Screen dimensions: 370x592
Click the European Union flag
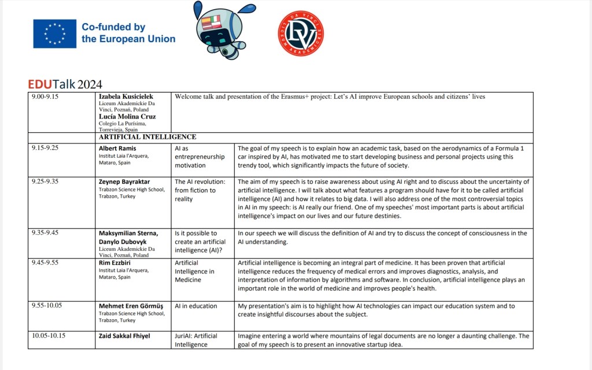54,34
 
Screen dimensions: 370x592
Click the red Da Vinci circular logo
301,34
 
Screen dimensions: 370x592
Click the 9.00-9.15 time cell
45,97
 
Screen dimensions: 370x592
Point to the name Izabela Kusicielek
126,97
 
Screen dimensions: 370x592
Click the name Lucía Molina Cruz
127,116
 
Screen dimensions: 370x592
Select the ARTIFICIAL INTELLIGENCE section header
147,137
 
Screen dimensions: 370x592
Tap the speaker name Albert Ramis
117,148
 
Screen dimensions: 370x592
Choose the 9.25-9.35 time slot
46,181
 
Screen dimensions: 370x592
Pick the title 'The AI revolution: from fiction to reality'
196,190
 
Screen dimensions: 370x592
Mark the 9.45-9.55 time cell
46,262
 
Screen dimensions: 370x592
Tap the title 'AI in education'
196,306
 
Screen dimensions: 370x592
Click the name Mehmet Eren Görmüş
131,306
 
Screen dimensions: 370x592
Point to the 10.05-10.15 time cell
48,335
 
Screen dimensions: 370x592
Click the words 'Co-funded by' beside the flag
113,27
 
